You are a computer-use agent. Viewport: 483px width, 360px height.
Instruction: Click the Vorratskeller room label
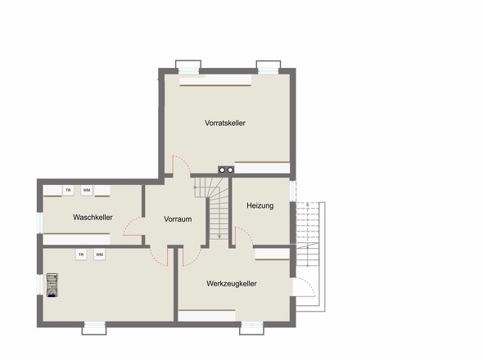click(x=225, y=123)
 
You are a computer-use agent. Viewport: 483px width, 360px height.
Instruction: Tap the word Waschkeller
click(x=93, y=217)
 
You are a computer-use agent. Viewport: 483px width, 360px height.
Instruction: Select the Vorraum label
click(x=178, y=219)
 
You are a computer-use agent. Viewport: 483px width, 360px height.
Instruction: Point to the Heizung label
click(x=260, y=205)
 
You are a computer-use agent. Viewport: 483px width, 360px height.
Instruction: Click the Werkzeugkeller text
click(x=232, y=283)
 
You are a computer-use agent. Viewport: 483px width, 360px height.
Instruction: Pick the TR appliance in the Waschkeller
click(x=68, y=191)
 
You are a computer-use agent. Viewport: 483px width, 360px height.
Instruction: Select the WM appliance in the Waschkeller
click(x=87, y=191)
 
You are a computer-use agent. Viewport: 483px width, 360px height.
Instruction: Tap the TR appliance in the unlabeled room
click(x=81, y=254)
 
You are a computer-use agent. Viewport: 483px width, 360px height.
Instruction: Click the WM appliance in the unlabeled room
click(x=99, y=254)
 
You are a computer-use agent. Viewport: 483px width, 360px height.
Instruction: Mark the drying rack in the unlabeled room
click(x=52, y=286)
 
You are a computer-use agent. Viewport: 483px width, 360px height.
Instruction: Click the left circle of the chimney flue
click(x=222, y=169)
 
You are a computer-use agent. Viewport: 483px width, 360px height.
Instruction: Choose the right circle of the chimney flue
click(x=230, y=169)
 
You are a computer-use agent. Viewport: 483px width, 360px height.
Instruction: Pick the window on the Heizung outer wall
click(x=293, y=191)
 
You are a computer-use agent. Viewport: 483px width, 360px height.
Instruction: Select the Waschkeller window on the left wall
click(x=40, y=223)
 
